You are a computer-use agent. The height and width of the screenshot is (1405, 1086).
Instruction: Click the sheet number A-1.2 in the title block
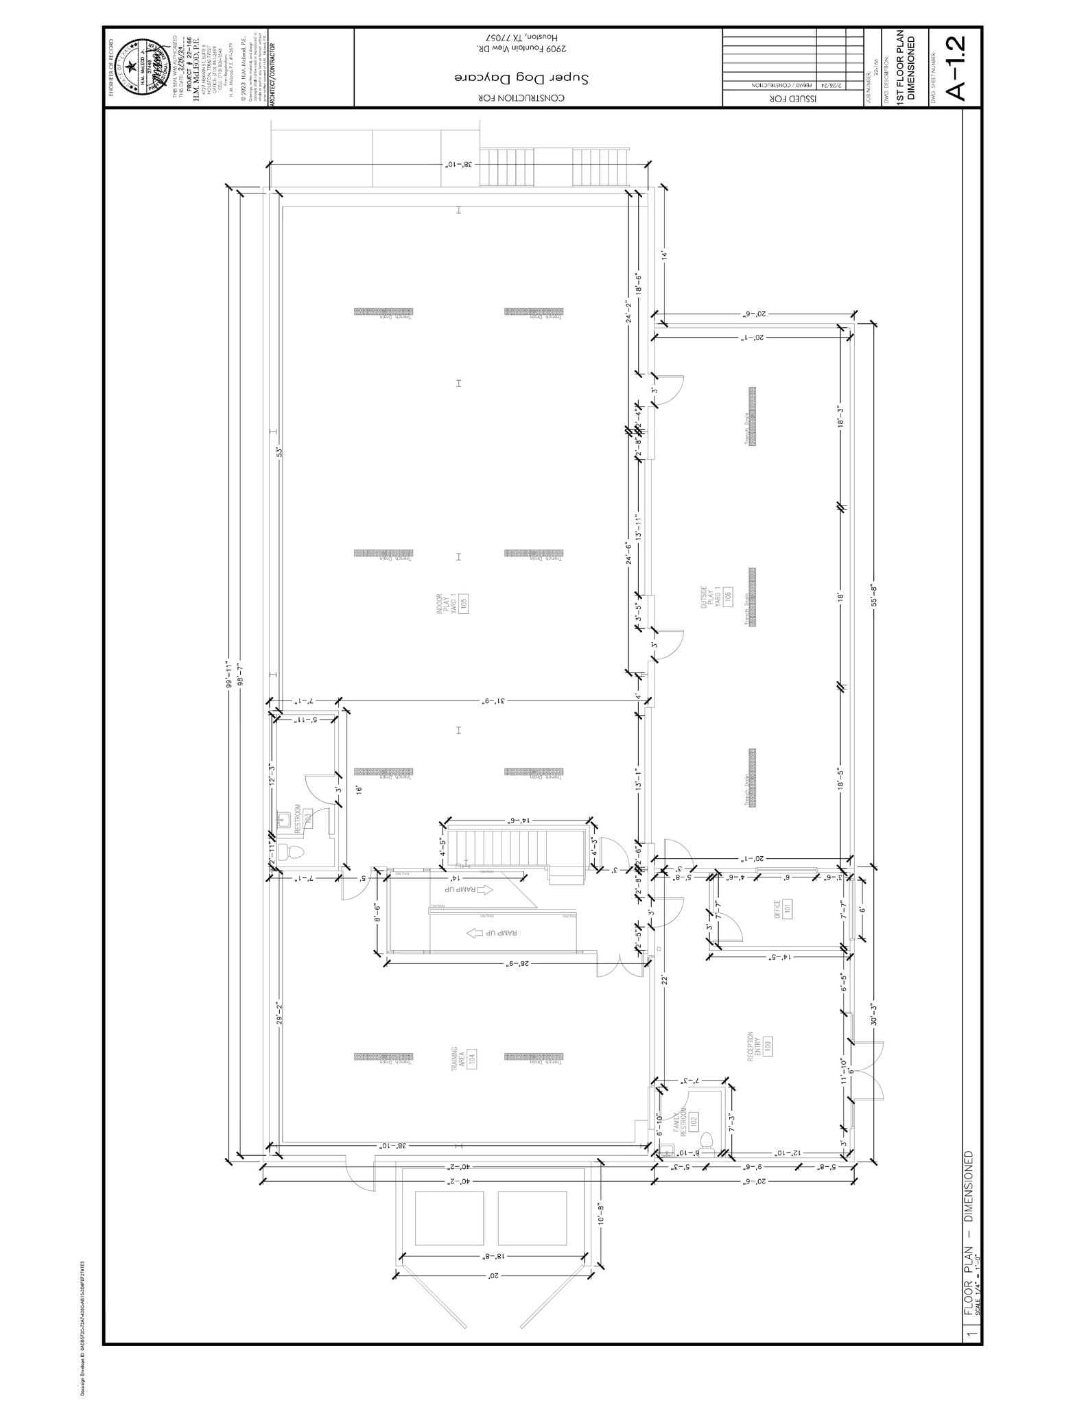(956, 67)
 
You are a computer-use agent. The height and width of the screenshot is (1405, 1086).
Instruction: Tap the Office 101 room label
(783, 909)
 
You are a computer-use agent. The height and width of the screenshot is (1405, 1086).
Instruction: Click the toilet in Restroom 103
(294, 853)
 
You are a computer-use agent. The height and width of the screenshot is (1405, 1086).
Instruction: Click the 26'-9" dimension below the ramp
(517, 963)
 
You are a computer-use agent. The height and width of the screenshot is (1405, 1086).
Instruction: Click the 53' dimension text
(279, 452)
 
